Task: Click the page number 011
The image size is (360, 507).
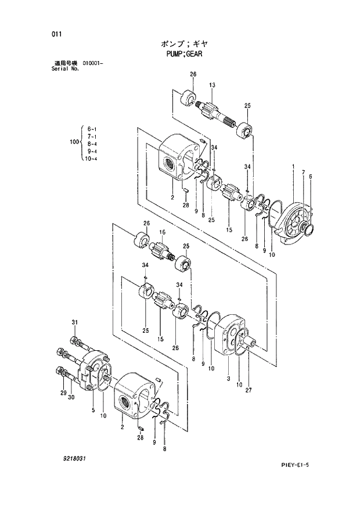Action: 56,34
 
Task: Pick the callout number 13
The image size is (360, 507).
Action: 213,85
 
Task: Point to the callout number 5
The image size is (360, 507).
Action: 92,409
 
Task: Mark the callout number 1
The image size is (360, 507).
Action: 294,167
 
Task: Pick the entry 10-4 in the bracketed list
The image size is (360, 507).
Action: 91,158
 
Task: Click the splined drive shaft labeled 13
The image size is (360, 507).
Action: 216,113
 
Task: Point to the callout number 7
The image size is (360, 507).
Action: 303,172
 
